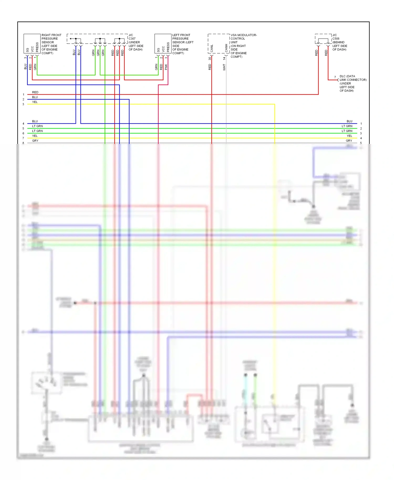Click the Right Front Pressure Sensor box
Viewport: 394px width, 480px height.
pos(32,44)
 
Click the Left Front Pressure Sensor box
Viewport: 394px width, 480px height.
pos(163,44)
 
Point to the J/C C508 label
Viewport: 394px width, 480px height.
pos(339,42)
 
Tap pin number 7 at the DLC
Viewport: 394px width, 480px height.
pos(335,77)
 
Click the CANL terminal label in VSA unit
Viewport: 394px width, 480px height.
pos(212,48)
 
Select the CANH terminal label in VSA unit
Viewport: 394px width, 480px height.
pos(226,48)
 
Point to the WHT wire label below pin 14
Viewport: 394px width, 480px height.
pos(224,67)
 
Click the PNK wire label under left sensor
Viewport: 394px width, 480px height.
pos(166,67)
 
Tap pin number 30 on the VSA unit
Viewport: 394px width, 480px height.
pos(210,59)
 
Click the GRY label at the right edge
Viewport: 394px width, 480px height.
pos(349,141)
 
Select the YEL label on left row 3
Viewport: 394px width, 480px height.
pos(35,102)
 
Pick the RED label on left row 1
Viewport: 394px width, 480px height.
pos(35,92)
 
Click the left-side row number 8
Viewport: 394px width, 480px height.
pos(23,143)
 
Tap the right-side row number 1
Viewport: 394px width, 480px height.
pos(361,124)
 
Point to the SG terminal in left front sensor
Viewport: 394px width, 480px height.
pos(158,50)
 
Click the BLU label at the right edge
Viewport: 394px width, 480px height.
pos(349,121)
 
